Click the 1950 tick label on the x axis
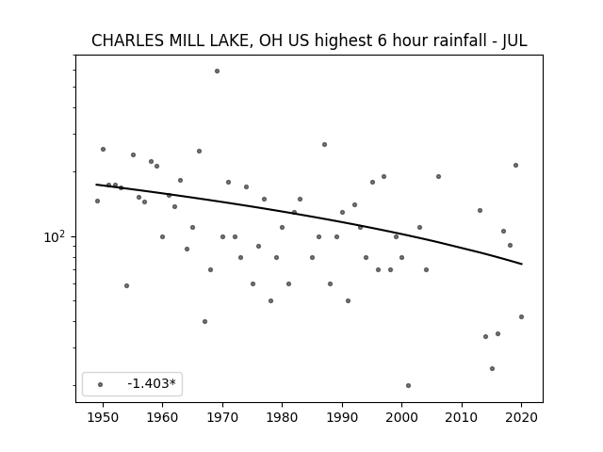(x=103, y=417)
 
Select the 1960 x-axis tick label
(x=162, y=417)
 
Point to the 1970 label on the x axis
(x=222, y=417)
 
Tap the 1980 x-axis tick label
(x=282, y=417)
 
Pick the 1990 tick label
(x=342, y=417)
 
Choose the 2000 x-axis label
(x=402, y=417)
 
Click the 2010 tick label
(x=462, y=417)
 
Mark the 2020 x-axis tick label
(x=521, y=417)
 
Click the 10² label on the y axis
(x=54, y=236)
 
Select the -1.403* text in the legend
(x=152, y=383)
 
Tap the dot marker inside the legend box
(x=101, y=384)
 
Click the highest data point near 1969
(x=217, y=72)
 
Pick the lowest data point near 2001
(x=408, y=385)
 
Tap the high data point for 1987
(x=324, y=144)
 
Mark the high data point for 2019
(x=515, y=166)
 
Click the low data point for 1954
(x=127, y=285)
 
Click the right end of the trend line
(x=521, y=264)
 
